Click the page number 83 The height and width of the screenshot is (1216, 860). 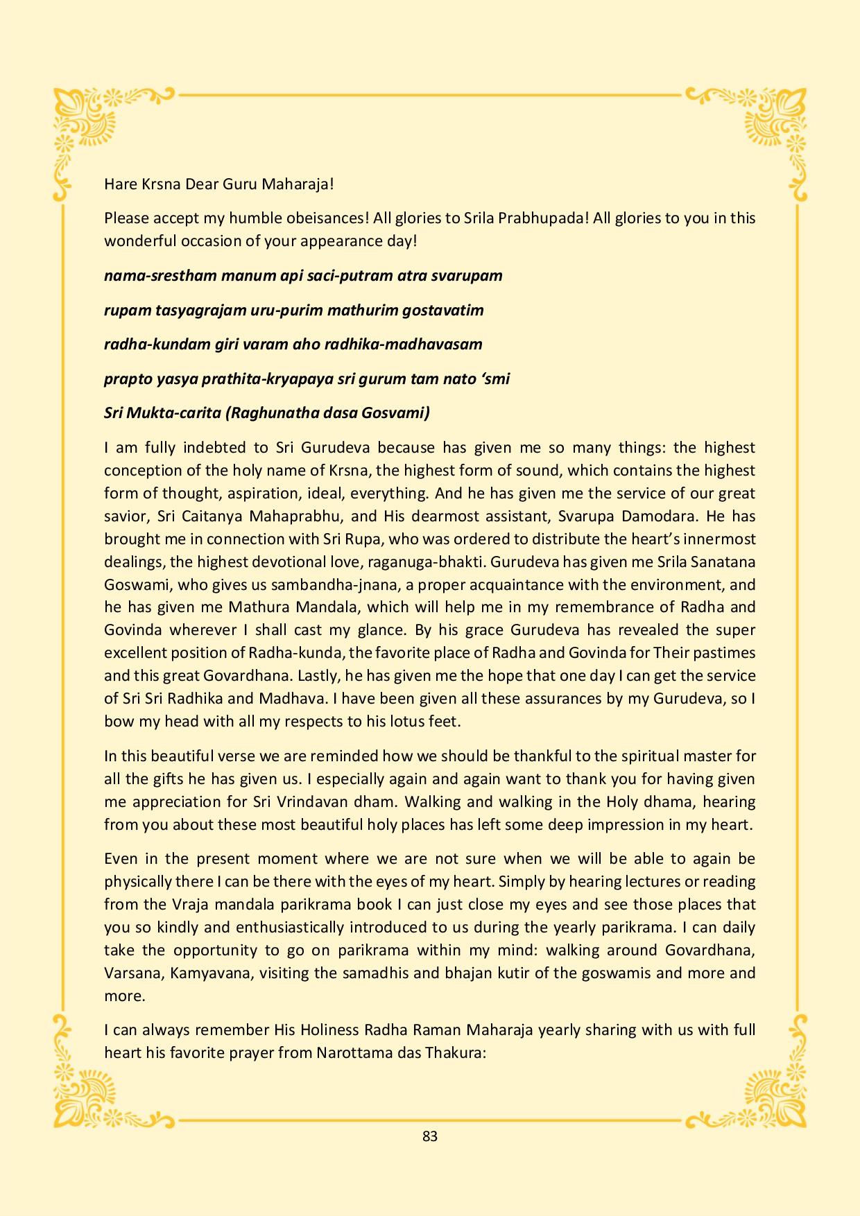(x=429, y=1136)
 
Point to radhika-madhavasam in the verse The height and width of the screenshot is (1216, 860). (x=415, y=344)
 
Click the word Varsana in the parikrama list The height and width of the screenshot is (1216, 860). (x=132, y=973)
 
